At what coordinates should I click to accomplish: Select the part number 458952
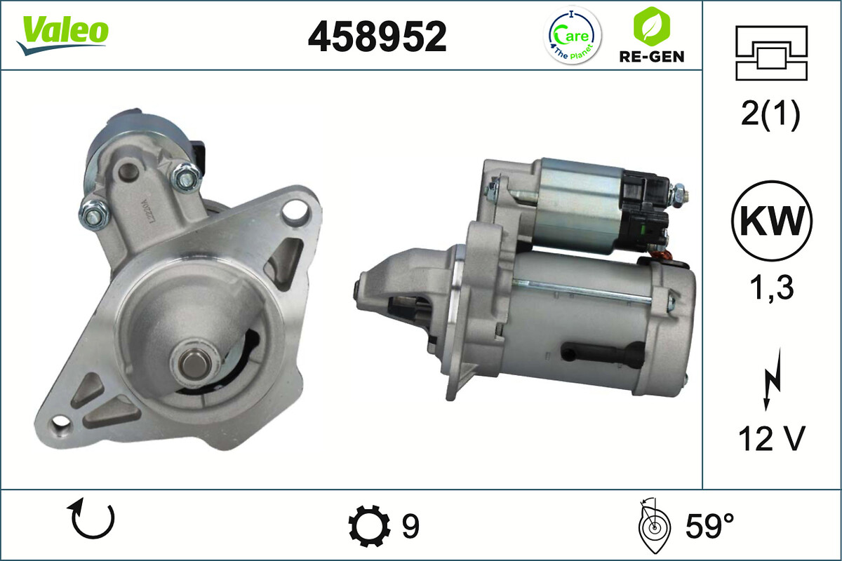point(377,36)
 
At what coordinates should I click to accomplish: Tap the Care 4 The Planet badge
point(573,36)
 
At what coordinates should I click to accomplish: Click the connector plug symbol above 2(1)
point(771,53)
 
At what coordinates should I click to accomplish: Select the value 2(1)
point(770,115)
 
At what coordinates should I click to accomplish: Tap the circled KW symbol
point(771,221)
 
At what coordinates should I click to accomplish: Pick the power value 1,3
point(770,288)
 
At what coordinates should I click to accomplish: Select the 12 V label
point(770,440)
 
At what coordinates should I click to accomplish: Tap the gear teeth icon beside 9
point(369,525)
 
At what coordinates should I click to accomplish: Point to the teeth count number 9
point(410,525)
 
